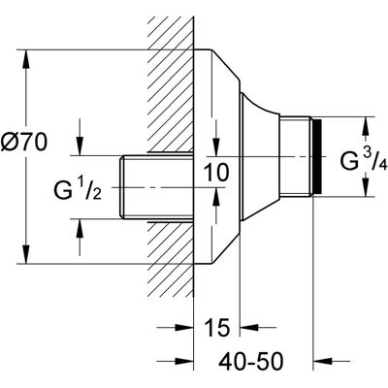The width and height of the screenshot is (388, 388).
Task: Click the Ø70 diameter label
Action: click(23, 143)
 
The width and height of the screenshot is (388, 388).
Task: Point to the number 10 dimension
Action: click(217, 172)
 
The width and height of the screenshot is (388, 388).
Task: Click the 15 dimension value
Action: click(217, 327)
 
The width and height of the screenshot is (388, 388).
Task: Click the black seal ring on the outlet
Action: click(318, 157)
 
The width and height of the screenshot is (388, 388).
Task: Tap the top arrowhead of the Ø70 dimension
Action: click(26, 59)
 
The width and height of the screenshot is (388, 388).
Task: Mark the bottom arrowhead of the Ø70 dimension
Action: click(26, 254)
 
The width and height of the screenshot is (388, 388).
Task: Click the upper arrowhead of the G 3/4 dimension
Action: click(366, 126)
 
